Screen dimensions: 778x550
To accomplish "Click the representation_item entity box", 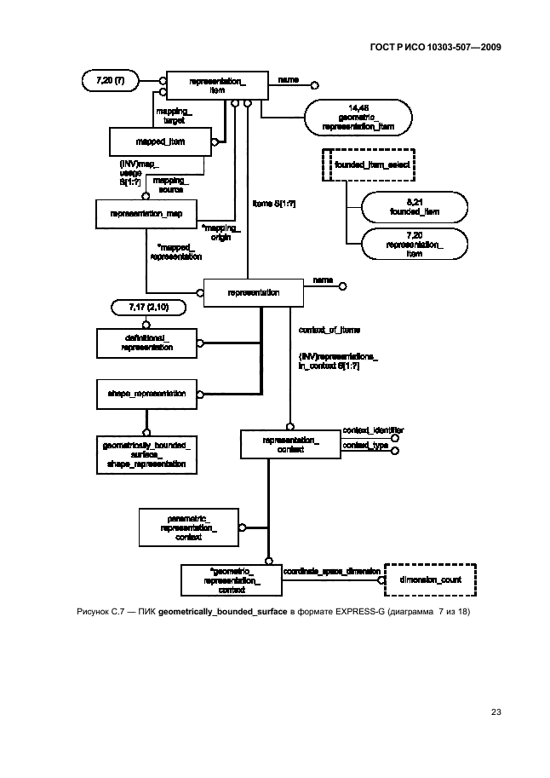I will click(x=216, y=84).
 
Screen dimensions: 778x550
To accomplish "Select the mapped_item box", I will click(x=159, y=141).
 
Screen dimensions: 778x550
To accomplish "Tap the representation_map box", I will click(x=146, y=213).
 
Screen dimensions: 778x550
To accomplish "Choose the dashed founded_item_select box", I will click(x=358, y=165).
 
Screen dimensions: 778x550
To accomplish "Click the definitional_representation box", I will click(x=146, y=343).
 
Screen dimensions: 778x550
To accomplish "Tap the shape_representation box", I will click(x=146, y=394).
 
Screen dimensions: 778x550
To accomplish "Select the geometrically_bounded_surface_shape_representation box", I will click(x=146, y=454).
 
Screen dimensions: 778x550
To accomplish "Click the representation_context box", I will click(x=290, y=444).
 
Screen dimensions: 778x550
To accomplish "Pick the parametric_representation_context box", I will click(x=188, y=527).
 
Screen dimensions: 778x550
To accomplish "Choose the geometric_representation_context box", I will click(x=226, y=579).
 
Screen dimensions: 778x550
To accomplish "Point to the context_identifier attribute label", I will click(x=372, y=430).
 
